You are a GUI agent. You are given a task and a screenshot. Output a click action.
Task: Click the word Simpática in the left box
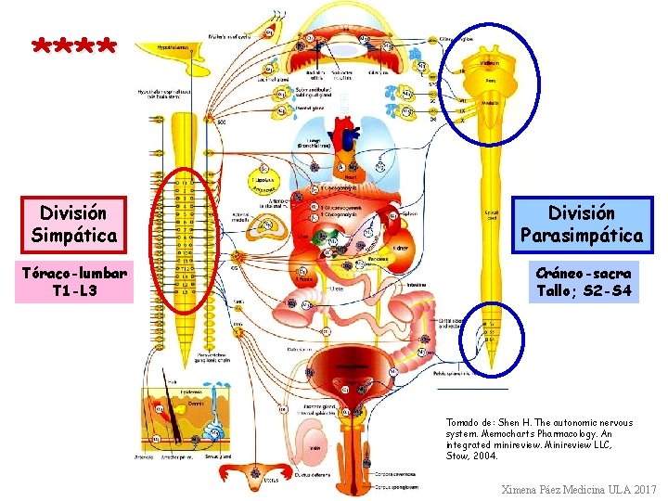click(x=74, y=235)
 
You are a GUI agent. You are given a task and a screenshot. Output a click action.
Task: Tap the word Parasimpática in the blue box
click(x=582, y=236)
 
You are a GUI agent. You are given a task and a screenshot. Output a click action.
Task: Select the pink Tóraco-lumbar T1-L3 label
click(x=74, y=281)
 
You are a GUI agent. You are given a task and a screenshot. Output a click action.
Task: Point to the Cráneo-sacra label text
click(x=584, y=273)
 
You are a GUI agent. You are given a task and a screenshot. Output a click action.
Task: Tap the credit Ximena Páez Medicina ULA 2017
click(x=578, y=489)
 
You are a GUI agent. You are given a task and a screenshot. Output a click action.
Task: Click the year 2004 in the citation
click(x=485, y=456)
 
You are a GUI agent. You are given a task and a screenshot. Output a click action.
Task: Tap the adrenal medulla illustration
click(x=270, y=225)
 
